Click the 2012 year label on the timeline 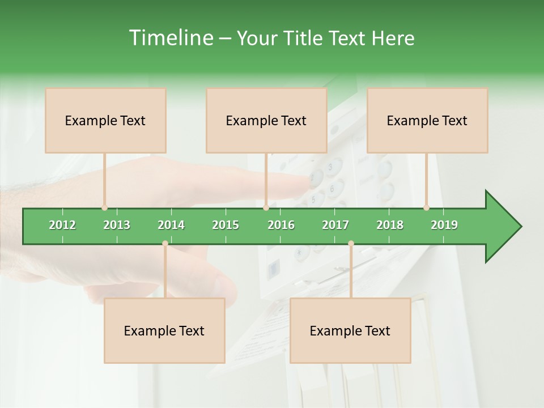(x=62, y=225)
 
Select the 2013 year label (x=117, y=225)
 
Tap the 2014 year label (x=171, y=225)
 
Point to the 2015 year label (x=226, y=225)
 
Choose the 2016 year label (x=281, y=225)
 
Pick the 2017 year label (x=335, y=225)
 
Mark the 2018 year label (x=390, y=225)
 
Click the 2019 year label (x=444, y=225)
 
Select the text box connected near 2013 (x=105, y=120)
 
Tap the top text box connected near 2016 (x=266, y=120)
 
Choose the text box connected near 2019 (x=427, y=120)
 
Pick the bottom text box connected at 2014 (x=164, y=330)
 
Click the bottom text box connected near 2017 (x=350, y=330)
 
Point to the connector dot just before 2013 (x=105, y=208)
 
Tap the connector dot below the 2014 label (x=165, y=244)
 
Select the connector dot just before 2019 (x=427, y=208)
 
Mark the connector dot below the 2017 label (x=351, y=244)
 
